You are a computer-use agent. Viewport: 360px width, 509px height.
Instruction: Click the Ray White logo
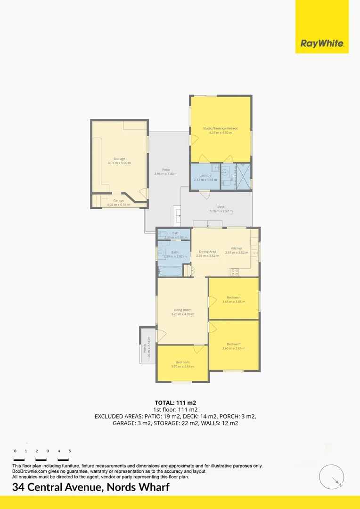tap(322, 44)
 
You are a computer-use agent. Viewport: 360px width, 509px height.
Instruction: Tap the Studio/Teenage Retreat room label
tap(220, 129)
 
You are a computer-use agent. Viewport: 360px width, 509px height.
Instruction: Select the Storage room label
tap(119, 159)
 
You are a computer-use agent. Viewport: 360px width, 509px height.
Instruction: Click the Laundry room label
tap(205, 175)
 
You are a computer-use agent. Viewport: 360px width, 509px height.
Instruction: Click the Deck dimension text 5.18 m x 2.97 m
tap(221, 211)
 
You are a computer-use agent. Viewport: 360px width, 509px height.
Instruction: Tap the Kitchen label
tap(237, 248)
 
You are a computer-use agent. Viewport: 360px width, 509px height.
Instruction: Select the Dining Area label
tap(207, 252)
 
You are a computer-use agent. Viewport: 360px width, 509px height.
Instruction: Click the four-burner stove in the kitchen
tap(234, 272)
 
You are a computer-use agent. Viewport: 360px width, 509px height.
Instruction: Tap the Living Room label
tap(182, 310)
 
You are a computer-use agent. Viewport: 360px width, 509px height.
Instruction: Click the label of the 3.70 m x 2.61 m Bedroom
tap(182, 362)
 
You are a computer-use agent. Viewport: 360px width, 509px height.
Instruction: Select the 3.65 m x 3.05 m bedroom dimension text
tap(234, 302)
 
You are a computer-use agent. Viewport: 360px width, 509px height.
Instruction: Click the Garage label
tap(115, 201)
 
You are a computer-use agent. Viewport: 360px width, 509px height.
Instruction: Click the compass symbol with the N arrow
tap(331, 476)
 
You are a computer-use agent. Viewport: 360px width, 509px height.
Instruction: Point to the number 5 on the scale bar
tap(70, 451)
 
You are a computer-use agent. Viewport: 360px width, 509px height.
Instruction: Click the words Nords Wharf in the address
tap(137, 487)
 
